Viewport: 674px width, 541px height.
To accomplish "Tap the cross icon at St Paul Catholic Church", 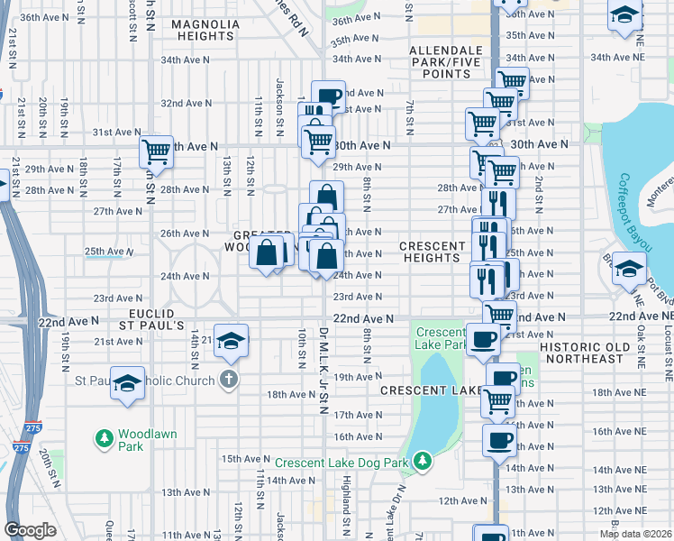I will (229, 379).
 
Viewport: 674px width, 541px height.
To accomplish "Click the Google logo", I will (31, 530).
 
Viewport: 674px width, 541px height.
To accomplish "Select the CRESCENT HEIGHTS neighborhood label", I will (431, 252).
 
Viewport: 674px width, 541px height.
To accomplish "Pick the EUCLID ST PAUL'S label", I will (150, 317).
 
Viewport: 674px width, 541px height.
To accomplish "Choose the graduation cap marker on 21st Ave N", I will (232, 340).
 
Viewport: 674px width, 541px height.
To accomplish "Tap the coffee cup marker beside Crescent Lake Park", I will (483, 338).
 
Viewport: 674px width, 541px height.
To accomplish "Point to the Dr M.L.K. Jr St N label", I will (323, 370).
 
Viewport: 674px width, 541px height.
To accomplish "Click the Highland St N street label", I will (346, 500).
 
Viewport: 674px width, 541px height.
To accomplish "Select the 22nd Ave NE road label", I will (641, 318).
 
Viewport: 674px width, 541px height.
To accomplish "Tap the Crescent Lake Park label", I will (440, 338).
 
